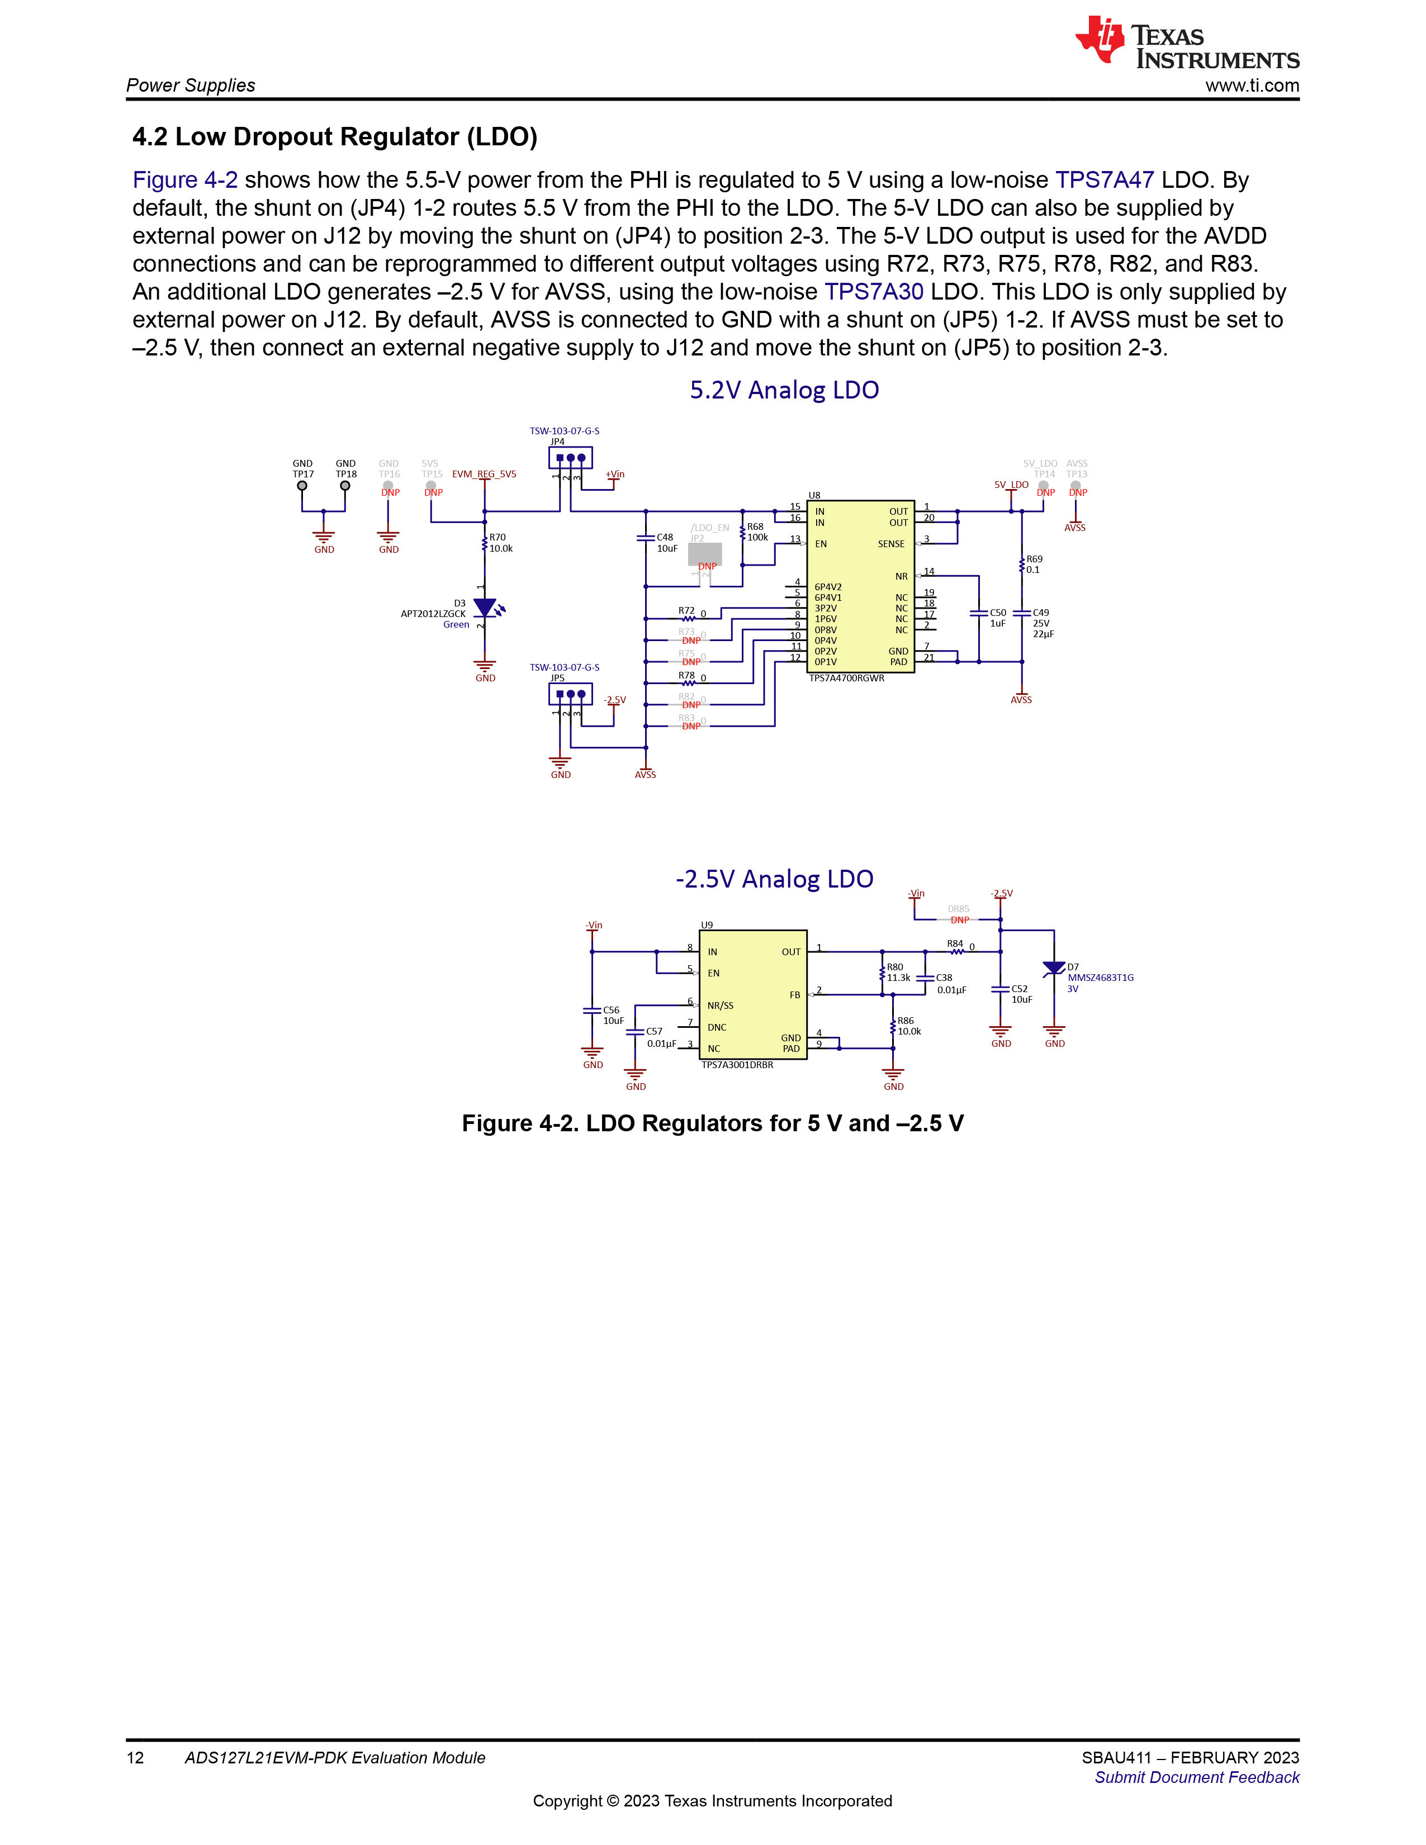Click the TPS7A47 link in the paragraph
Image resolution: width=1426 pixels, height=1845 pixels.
(1104, 180)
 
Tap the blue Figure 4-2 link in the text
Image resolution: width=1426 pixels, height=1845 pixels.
(185, 180)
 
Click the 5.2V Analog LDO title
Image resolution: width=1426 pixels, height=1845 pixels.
(784, 390)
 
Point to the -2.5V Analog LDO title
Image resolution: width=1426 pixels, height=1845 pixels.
(774, 879)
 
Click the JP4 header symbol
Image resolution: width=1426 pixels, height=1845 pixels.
(570, 458)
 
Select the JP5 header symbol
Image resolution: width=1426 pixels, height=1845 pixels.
(570, 694)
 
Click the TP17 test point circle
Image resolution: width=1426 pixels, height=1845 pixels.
(302, 486)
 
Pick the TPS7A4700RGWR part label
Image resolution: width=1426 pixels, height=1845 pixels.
(846, 679)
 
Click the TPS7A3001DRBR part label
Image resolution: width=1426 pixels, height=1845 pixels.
(737, 1065)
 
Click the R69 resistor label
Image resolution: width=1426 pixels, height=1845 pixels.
(1034, 559)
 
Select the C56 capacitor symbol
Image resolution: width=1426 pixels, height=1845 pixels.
(592, 1011)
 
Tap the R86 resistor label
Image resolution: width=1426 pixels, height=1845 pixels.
(906, 1021)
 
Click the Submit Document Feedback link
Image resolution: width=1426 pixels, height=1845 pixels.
(1197, 1777)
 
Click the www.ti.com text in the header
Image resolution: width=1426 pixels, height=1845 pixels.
(1252, 86)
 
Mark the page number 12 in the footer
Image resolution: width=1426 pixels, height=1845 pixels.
(135, 1758)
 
